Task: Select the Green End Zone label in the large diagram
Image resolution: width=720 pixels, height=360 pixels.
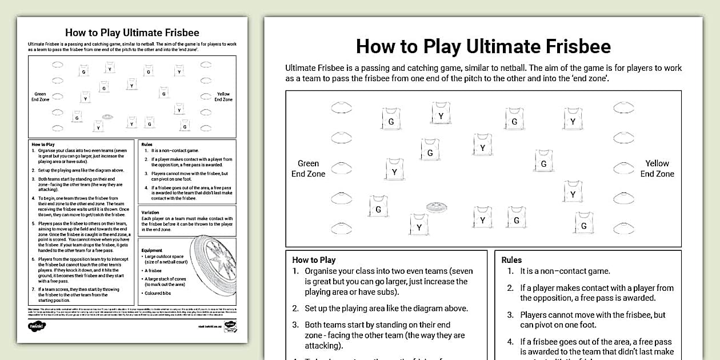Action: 308,169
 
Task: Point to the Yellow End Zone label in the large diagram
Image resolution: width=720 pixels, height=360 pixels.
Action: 657,169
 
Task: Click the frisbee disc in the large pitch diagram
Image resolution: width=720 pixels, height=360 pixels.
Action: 437,207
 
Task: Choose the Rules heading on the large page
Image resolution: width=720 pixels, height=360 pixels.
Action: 511,259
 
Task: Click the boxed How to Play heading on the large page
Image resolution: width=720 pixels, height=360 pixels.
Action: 314,259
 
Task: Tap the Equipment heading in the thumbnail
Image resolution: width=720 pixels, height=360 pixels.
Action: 152,250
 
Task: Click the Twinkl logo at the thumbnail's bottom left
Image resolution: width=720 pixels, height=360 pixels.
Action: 37,326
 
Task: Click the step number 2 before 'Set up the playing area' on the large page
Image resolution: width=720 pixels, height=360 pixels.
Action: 295,308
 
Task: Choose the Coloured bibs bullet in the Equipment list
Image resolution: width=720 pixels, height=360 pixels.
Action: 157,293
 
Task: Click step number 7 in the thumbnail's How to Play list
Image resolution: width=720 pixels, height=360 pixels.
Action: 33,289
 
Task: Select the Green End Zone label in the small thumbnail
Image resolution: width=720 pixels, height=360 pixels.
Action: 40,97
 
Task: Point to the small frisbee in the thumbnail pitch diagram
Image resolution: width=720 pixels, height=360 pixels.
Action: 107,117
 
